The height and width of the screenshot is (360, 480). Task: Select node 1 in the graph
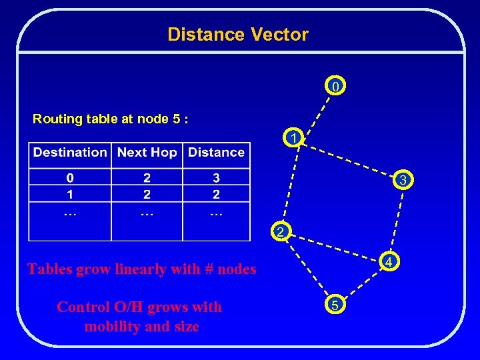coord(292,138)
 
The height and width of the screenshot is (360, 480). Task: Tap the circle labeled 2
coord(281,231)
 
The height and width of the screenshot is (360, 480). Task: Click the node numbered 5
coord(335,305)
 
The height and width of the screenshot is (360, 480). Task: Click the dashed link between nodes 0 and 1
coord(315,111)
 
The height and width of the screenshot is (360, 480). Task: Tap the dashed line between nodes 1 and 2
coord(287,185)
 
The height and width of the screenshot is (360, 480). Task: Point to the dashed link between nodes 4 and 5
coord(363,283)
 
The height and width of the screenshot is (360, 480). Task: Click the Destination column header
coord(70,153)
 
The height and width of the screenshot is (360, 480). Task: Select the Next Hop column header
coord(147,153)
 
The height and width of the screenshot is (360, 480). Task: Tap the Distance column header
coord(216,153)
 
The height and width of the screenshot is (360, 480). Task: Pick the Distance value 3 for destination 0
coord(216,178)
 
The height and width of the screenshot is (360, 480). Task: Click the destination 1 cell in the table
coord(70,194)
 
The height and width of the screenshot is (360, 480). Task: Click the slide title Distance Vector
coord(238,35)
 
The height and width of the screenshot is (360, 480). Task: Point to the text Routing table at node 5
coord(111,119)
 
